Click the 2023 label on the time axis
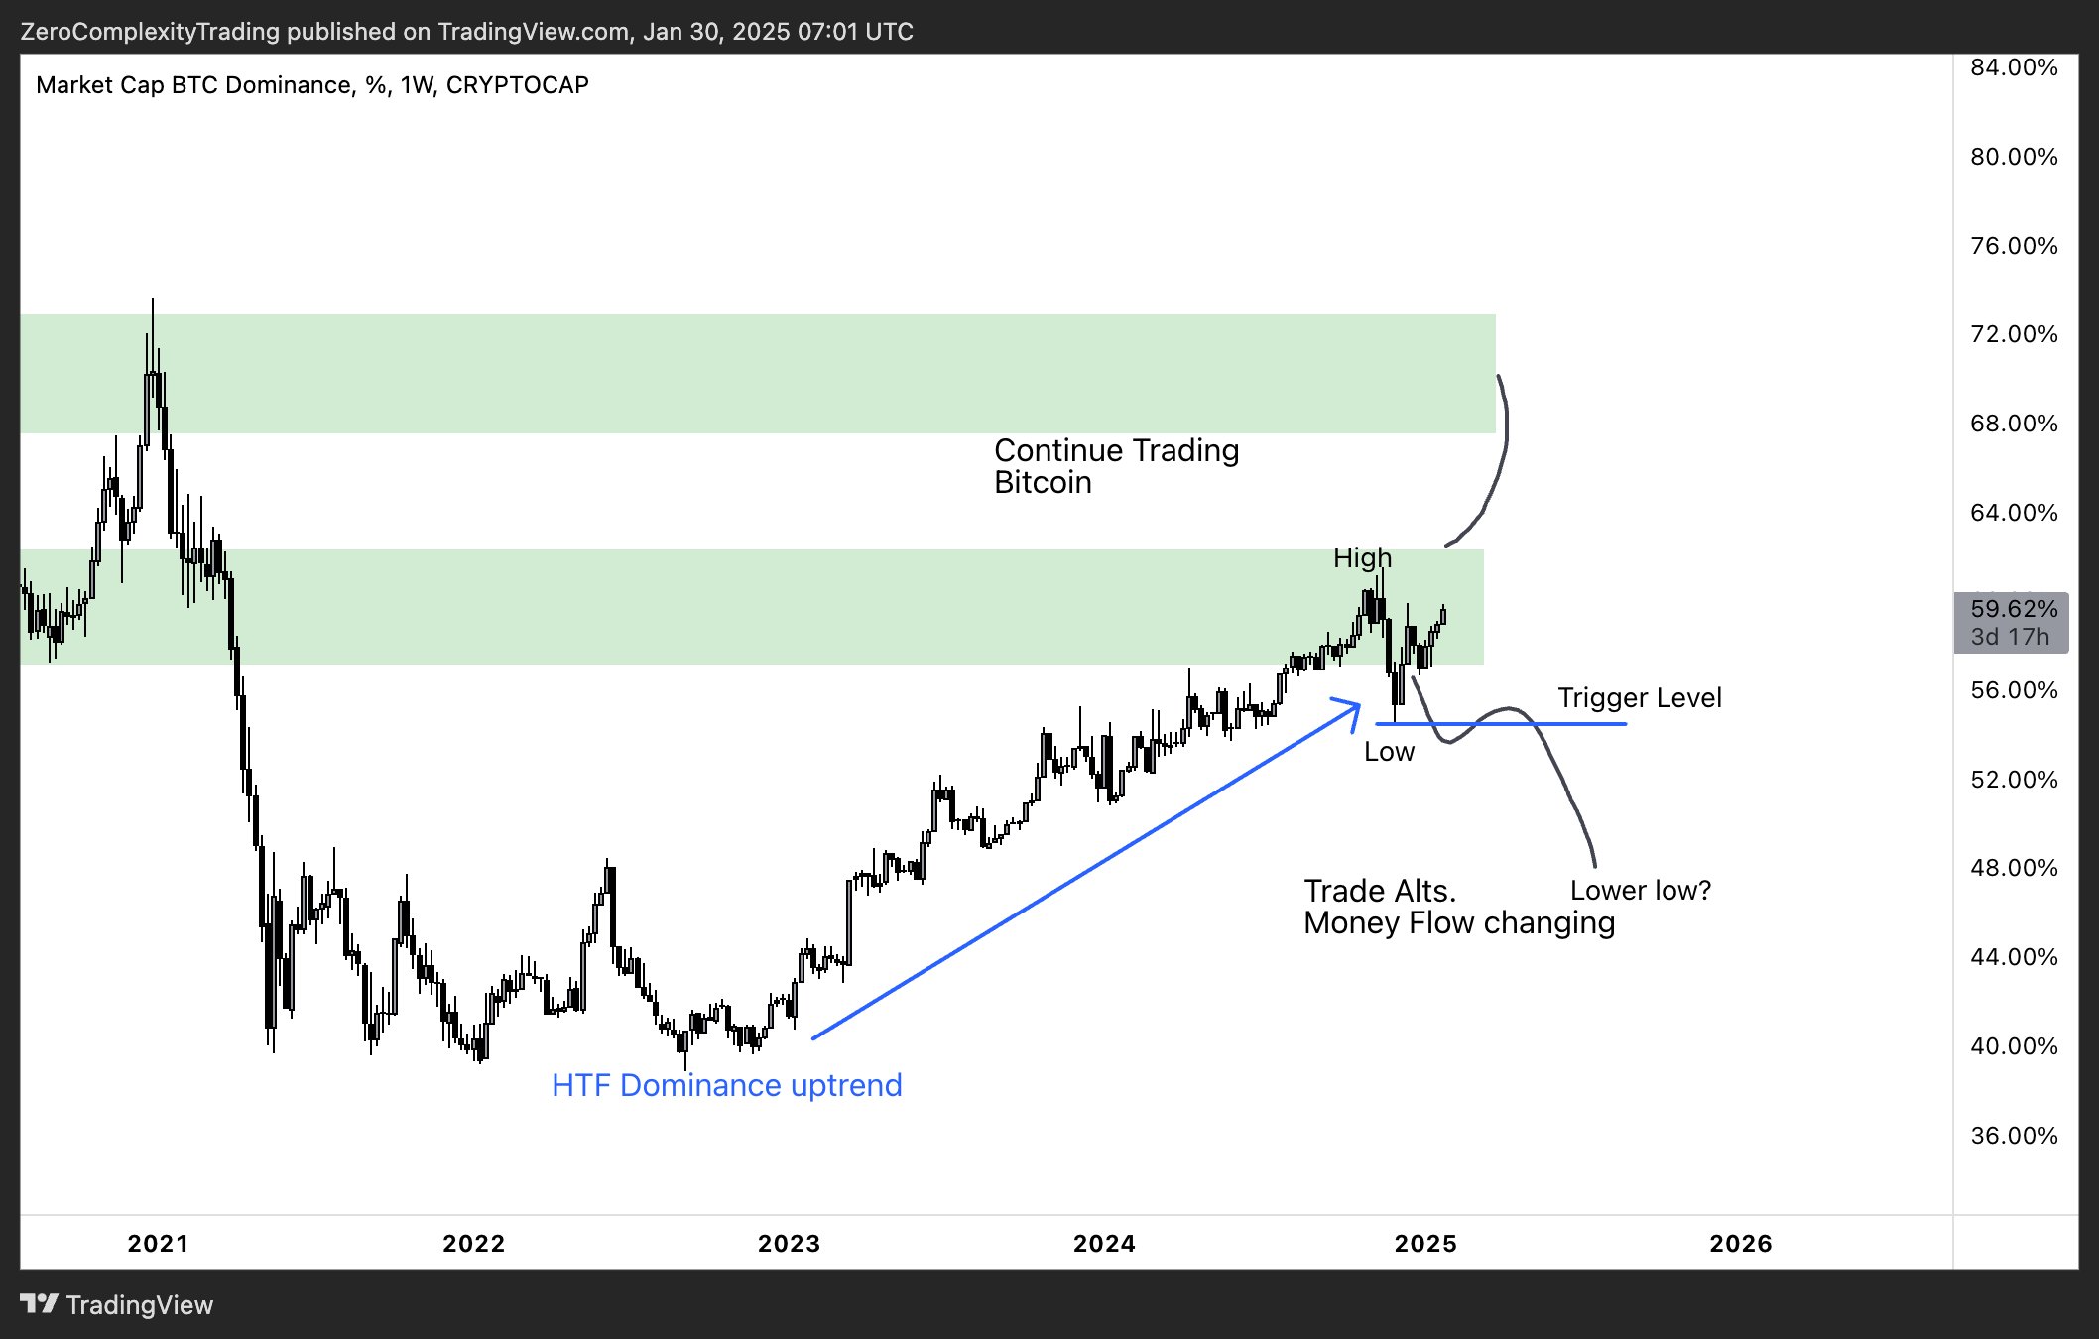click(789, 1243)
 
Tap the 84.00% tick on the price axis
click(2014, 67)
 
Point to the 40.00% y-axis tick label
click(2014, 1046)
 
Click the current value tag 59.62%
click(2014, 609)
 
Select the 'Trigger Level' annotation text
click(1639, 698)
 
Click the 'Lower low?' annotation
click(1641, 891)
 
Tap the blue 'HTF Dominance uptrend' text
click(726, 1085)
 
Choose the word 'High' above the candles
click(1362, 558)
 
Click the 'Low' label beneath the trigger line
click(1389, 752)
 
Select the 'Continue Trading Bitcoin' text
click(1116, 466)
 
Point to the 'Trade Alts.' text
click(1380, 891)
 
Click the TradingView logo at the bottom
click(117, 1305)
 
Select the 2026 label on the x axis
click(1740, 1243)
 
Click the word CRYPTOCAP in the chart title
click(517, 85)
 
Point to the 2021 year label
click(158, 1243)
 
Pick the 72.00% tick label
click(2014, 334)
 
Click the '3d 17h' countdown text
click(2010, 637)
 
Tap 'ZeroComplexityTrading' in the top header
click(150, 32)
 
